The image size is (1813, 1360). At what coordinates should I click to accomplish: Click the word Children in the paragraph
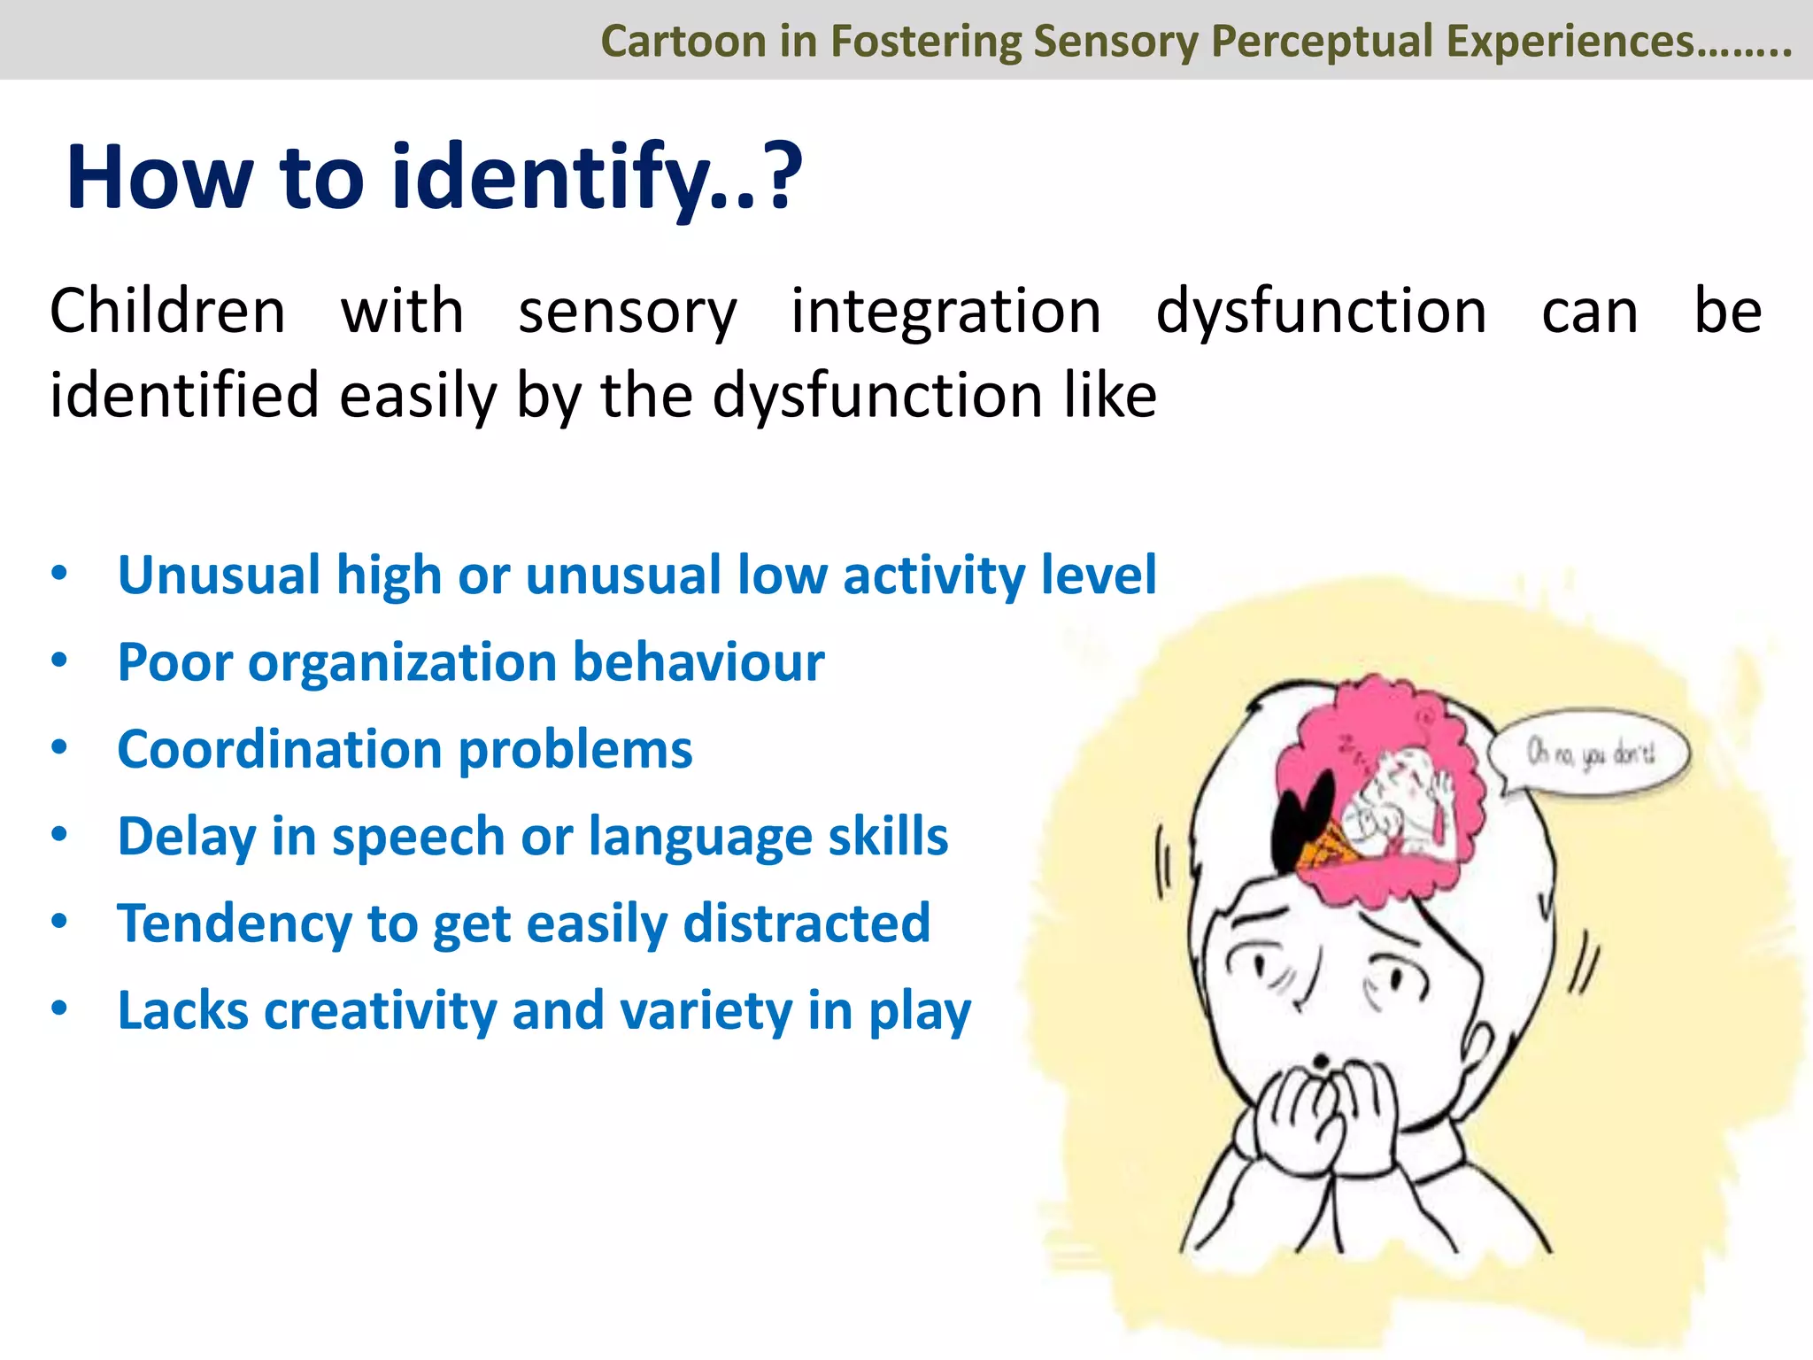pyautogui.click(x=167, y=312)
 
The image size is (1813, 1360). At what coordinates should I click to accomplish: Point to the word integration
pyautogui.click(x=945, y=312)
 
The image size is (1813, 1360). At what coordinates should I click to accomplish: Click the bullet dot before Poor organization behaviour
pyautogui.click(x=59, y=661)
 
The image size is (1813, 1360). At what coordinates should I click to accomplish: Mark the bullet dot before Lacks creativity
pyautogui.click(x=59, y=1008)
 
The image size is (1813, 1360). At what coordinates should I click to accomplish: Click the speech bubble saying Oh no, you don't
pyautogui.click(x=1590, y=753)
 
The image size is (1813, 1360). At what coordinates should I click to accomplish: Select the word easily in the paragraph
pyautogui.click(x=419, y=396)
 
